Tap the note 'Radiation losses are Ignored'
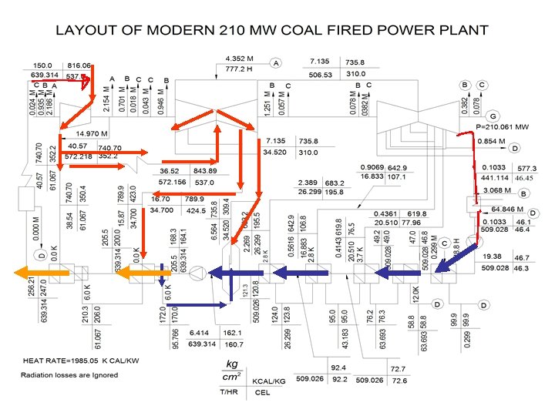(x=69, y=375)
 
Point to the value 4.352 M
(x=239, y=59)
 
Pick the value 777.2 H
(x=239, y=70)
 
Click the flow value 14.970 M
(x=91, y=133)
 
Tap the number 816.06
(x=79, y=65)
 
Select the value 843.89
(x=204, y=171)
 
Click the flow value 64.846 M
(x=507, y=209)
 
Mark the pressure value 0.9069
(x=373, y=167)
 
